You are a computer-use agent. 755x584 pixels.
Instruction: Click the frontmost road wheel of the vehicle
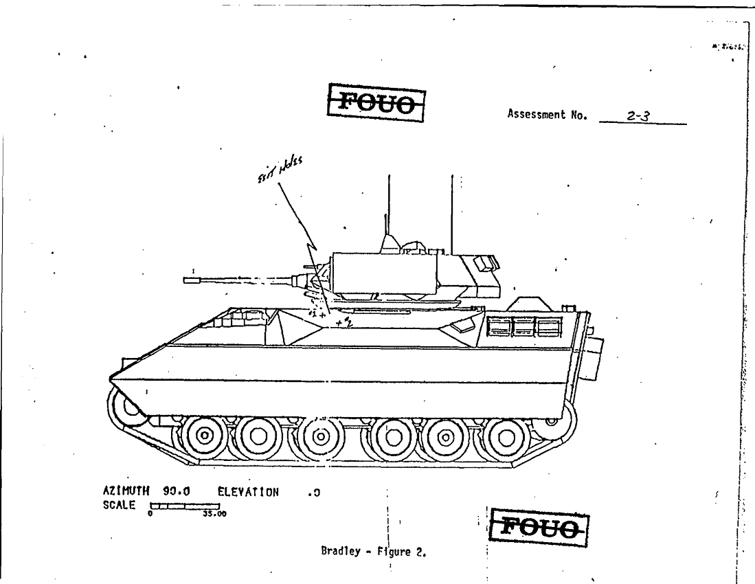pyautogui.click(x=204, y=436)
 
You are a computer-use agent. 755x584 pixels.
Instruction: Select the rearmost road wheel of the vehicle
pyautogui.click(x=506, y=436)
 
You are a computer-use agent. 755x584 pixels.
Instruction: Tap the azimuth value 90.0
pyautogui.click(x=177, y=492)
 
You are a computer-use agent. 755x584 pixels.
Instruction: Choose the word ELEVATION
pyautogui.click(x=249, y=492)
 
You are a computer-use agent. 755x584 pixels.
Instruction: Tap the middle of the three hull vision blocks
pyautogui.click(x=525, y=327)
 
